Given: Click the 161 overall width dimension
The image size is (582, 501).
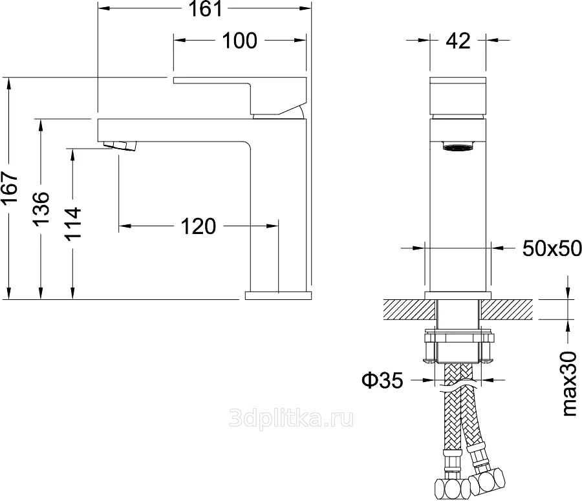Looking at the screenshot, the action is [x=205, y=8].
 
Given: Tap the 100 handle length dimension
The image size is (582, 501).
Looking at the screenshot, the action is [x=239, y=41].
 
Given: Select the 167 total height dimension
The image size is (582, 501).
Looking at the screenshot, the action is [x=10, y=187].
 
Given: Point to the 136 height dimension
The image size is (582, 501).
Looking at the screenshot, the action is [x=41, y=208].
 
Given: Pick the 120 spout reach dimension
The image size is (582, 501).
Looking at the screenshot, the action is [x=199, y=226].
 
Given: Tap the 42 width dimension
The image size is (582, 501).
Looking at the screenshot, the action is [x=458, y=41].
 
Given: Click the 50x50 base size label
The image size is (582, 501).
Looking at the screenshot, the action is [x=552, y=248].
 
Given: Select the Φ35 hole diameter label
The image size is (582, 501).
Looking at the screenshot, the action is [x=383, y=379].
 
